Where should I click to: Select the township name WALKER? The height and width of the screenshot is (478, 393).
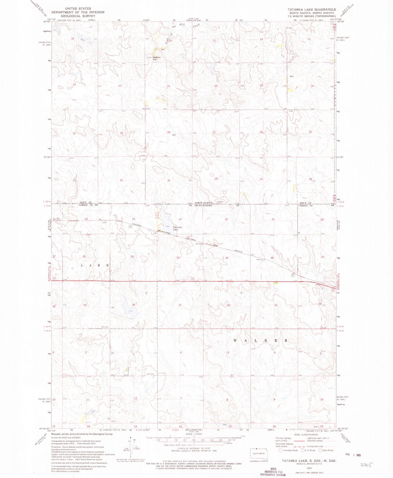tap(260, 340)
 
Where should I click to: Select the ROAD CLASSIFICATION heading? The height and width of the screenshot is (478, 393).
tap(306, 435)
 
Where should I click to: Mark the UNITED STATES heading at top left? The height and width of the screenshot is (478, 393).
tap(78, 9)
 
